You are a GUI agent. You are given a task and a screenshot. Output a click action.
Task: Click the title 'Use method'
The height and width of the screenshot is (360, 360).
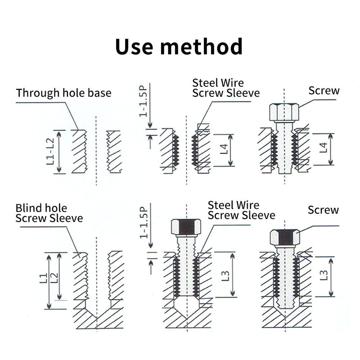[179, 47]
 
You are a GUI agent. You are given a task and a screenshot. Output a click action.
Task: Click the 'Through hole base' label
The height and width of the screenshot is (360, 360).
[63, 94]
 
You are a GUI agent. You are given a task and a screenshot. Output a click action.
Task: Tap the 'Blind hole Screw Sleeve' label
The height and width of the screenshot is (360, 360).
[49, 213]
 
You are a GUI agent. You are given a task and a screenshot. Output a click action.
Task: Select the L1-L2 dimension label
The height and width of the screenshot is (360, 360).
[50, 152]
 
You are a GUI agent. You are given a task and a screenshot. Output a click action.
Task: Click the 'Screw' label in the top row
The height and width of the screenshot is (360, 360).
[324, 90]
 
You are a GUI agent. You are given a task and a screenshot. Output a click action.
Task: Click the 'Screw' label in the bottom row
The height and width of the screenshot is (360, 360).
[323, 210]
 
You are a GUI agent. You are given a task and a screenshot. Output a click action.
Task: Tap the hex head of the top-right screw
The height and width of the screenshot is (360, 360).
[284, 112]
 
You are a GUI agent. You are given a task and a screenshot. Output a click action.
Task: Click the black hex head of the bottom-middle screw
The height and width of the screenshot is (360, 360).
[186, 227]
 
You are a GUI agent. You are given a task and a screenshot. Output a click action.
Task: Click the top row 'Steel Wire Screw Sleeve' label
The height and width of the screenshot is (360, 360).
[226, 88]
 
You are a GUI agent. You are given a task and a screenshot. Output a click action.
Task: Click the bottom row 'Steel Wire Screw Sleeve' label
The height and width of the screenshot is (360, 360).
[241, 210]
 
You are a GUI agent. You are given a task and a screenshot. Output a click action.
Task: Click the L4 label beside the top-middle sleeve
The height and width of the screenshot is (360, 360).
[224, 149]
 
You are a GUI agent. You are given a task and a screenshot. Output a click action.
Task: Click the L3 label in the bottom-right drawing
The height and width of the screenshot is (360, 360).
[323, 275]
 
